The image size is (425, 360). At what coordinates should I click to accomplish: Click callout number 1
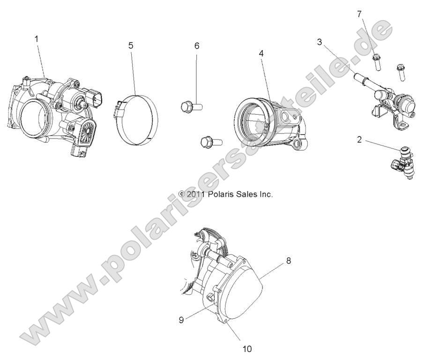coord(37,39)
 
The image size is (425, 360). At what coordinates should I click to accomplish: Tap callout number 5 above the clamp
coord(131,45)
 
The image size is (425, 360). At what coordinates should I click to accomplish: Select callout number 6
coord(197,45)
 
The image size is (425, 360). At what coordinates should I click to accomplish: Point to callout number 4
coord(261,53)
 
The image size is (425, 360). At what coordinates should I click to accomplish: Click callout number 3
coord(319,43)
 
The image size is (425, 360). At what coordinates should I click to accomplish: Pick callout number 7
coord(359,14)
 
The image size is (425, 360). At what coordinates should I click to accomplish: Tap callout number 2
coord(359,140)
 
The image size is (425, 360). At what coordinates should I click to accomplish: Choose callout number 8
coord(289,261)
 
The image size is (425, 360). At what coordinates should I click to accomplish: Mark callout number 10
coord(247,349)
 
